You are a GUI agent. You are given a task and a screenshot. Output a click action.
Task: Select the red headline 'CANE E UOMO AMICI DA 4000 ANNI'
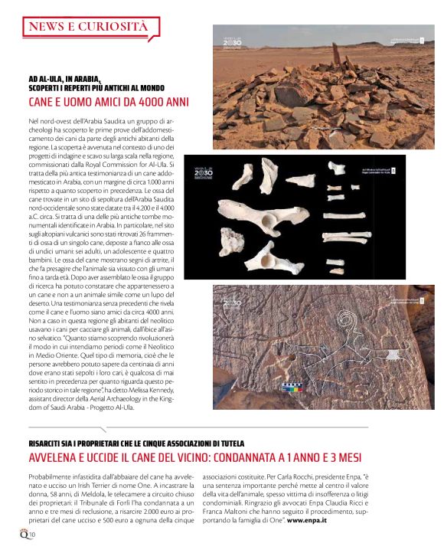(x=109, y=102)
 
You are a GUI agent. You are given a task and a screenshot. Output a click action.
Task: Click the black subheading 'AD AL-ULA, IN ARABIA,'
(x=65, y=79)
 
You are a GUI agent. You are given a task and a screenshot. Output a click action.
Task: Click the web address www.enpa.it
(x=307, y=521)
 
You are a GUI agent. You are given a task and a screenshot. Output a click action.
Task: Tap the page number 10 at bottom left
(x=33, y=534)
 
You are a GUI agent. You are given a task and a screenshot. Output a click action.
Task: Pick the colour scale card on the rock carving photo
(x=292, y=386)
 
